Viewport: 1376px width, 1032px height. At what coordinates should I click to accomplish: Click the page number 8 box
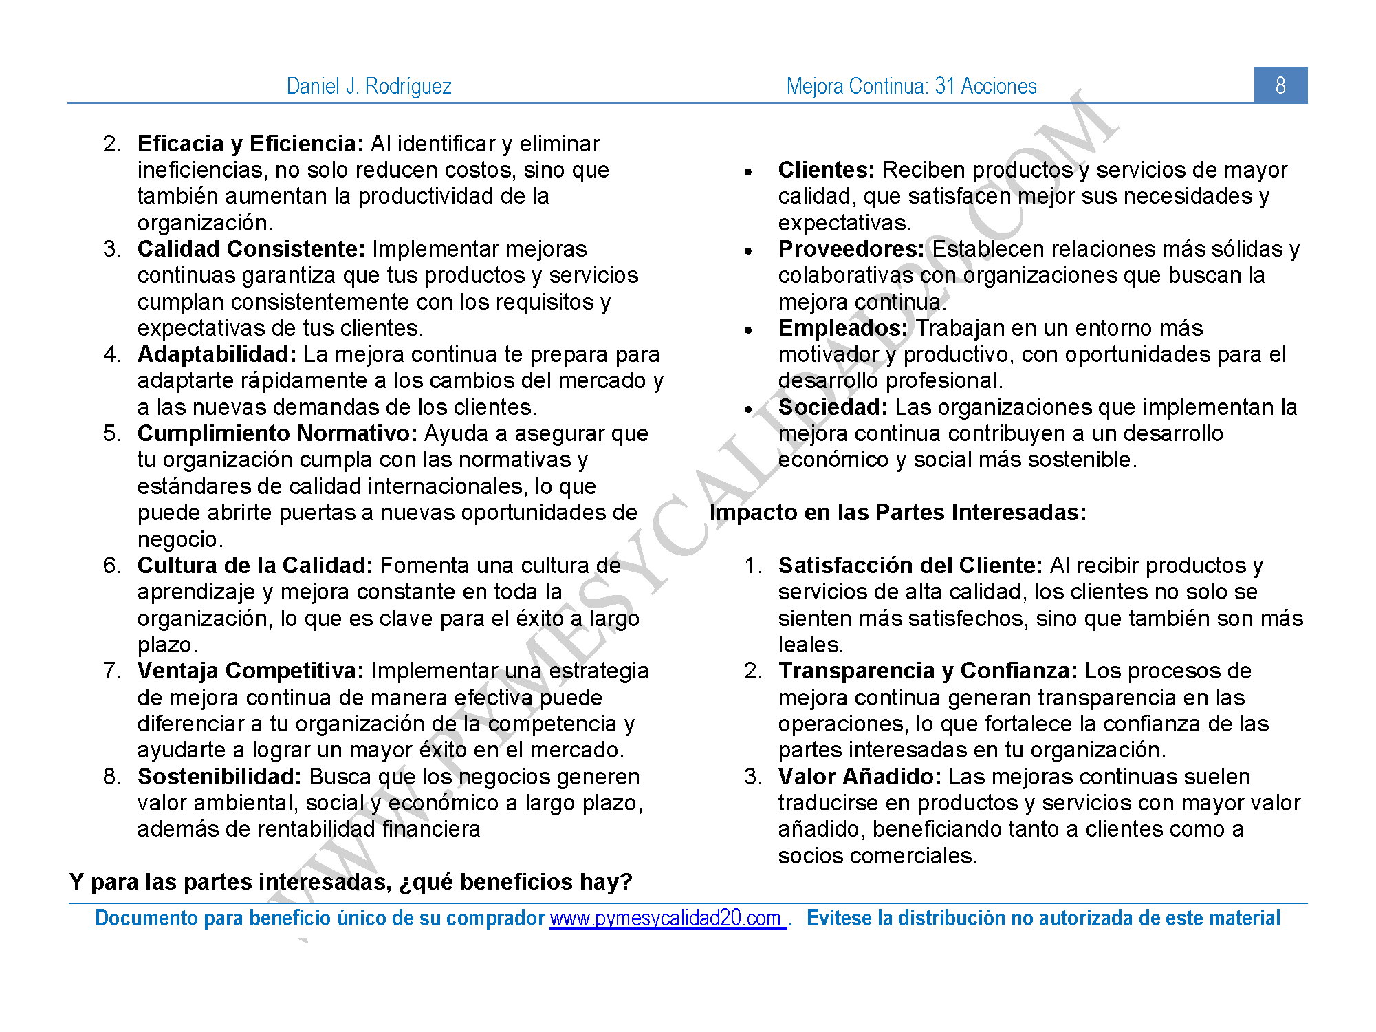(1280, 85)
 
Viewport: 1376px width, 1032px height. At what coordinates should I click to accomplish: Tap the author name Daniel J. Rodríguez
(369, 86)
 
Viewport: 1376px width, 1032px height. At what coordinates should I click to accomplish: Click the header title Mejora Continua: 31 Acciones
(911, 86)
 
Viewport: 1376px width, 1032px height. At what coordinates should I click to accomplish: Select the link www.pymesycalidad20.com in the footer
(667, 918)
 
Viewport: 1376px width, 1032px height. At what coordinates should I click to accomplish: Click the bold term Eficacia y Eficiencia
(250, 144)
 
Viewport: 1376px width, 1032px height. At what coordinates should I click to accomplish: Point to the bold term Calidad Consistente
(251, 249)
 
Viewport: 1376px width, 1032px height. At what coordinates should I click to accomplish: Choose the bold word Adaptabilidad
(217, 354)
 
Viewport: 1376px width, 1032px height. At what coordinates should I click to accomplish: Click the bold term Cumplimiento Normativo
(277, 433)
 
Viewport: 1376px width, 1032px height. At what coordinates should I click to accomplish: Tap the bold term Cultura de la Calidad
(254, 566)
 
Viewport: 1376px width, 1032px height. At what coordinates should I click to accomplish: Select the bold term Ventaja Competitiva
(250, 671)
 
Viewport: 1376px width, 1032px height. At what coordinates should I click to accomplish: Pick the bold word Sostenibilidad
(219, 777)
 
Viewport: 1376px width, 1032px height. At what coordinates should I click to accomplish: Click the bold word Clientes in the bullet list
(826, 170)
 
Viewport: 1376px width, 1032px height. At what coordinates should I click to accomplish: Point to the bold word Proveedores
(851, 249)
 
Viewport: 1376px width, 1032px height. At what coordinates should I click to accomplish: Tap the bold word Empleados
(842, 328)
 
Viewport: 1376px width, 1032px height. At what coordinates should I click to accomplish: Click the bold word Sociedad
(833, 407)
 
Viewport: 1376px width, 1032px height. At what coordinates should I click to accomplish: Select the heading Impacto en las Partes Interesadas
(897, 513)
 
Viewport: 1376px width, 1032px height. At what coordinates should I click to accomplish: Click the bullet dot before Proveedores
(749, 251)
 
